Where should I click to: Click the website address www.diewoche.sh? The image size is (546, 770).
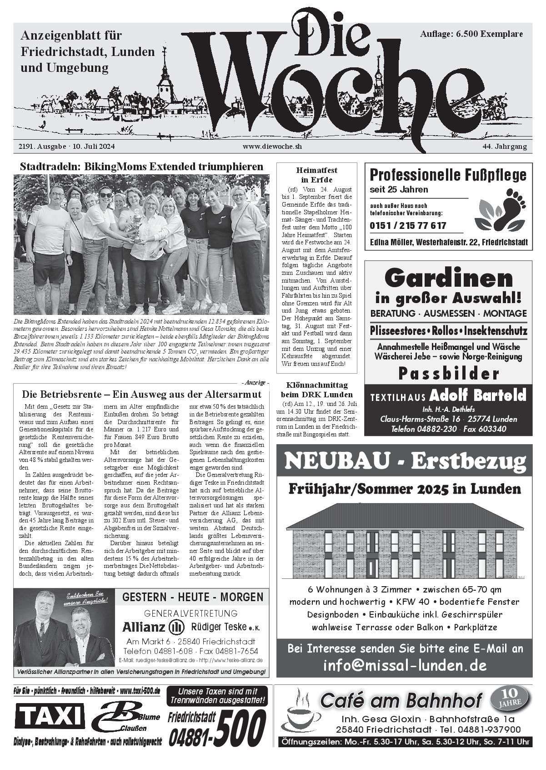272,147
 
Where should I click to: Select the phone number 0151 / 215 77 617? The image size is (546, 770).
408,226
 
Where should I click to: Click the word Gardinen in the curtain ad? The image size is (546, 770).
448,278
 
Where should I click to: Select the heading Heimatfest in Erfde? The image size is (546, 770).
317,175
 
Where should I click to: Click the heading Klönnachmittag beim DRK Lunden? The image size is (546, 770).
317,390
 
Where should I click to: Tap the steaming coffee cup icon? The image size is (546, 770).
298,709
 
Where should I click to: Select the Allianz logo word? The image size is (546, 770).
144,628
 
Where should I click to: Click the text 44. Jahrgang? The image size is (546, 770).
505,147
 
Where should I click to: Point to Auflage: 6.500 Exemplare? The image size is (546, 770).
471,34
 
